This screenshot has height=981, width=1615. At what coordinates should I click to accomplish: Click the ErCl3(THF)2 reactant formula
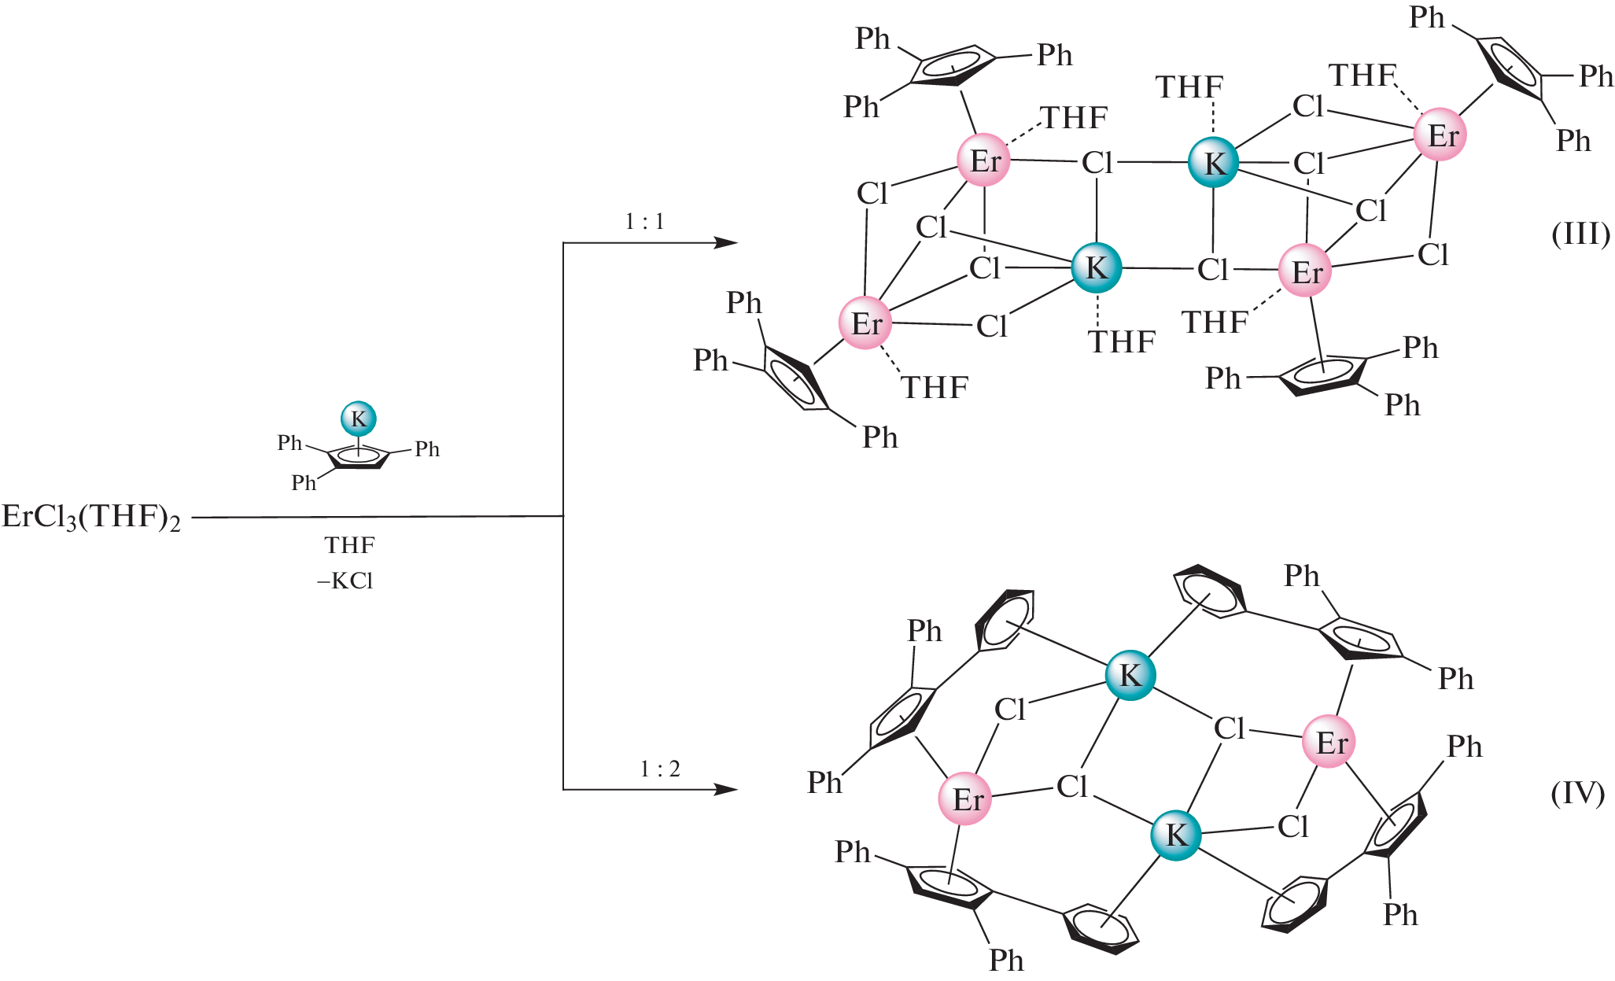(91, 518)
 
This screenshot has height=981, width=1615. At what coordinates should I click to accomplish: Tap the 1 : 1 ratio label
(644, 222)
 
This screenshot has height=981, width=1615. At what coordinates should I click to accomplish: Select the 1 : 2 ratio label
(659, 769)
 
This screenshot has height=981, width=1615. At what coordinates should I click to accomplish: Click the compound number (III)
(1580, 234)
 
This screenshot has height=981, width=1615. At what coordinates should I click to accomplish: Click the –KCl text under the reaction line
(345, 581)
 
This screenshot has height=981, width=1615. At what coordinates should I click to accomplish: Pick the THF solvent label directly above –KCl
(349, 545)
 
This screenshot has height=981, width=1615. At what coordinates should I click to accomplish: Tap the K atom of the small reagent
(359, 419)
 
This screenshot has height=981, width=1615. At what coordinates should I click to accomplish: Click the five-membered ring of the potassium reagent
(359, 457)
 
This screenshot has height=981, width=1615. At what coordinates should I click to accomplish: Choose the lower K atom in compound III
(1097, 267)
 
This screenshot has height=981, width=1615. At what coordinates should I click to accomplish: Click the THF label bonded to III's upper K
(1189, 87)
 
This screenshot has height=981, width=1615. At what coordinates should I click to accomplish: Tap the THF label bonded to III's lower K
(1122, 342)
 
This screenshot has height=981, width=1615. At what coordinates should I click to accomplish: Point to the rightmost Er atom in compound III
(1441, 135)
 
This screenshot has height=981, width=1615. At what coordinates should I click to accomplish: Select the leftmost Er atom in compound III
(866, 323)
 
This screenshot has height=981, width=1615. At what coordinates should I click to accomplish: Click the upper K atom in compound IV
(1130, 675)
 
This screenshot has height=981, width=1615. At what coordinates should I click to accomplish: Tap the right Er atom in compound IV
(1329, 742)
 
